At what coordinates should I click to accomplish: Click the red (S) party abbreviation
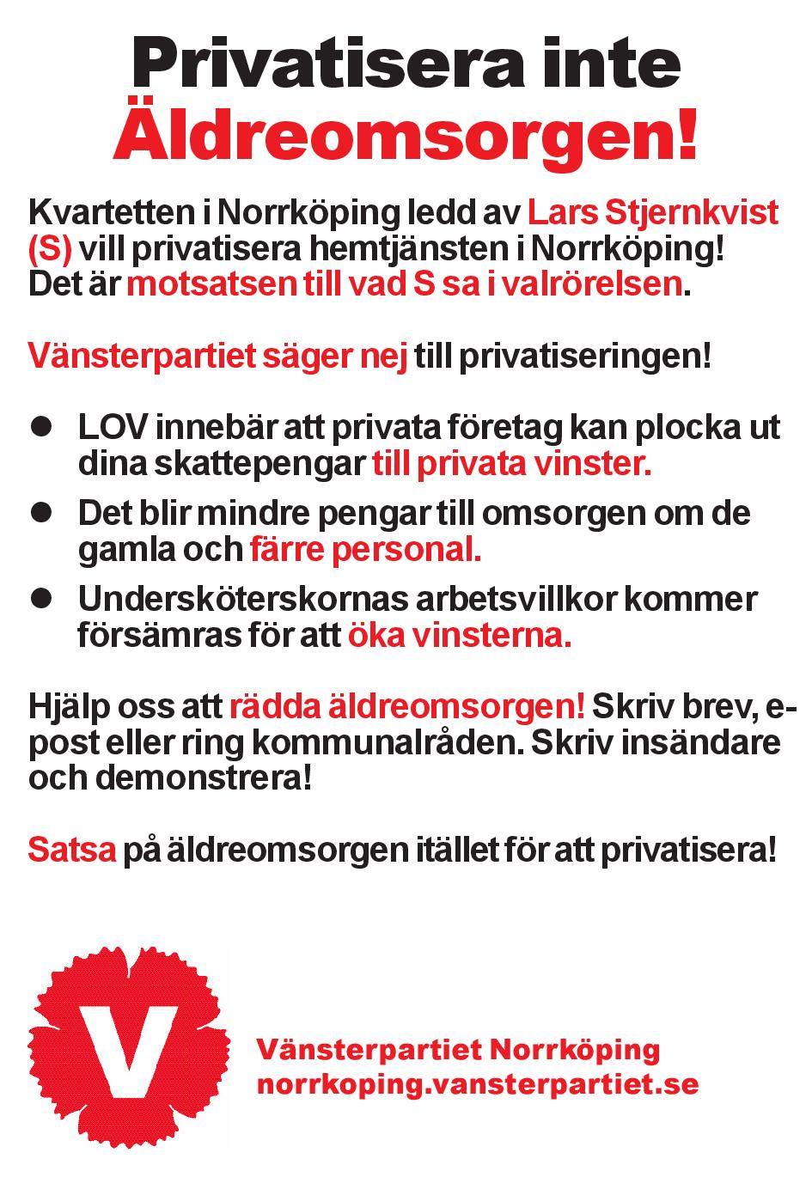click(x=49, y=249)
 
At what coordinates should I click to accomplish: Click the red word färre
click(x=287, y=548)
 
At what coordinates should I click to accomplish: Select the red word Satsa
click(x=71, y=850)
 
